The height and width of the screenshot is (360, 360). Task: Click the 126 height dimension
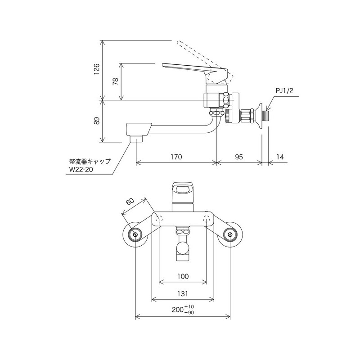pyautogui.click(x=96, y=70)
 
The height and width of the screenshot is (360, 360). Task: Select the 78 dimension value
pyautogui.click(x=115, y=81)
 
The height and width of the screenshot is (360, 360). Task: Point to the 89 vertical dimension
pyautogui.click(x=96, y=121)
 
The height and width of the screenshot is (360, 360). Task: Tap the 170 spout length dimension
pyautogui.click(x=176, y=157)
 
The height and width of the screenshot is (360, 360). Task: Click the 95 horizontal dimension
pyautogui.click(x=239, y=157)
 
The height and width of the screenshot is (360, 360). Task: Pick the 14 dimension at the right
pyautogui.click(x=280, y=157)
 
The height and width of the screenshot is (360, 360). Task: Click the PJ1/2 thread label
pyautogui.click(x=284, y=91)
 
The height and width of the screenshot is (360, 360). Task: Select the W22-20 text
pyautogui.click(x=81, y=170)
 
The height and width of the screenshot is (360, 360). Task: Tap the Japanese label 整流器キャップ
pyautogui.click(x=90, y=161)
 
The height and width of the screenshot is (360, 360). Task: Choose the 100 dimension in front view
pyautogui.click(x=183, y=276)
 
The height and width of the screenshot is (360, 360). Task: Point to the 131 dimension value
pyautogui.click(x=183, y=293)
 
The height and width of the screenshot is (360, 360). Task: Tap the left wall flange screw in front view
pyautogui.click(x=135, y=234)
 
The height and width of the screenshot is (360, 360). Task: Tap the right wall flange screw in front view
pyautogui.click(x=230, y=234)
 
